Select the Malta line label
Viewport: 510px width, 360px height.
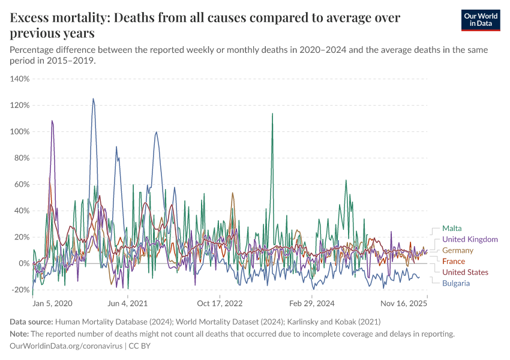pyautogui.click(x=452, y=228)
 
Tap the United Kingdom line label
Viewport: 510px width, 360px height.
pyautogui.click(x=470, y=239)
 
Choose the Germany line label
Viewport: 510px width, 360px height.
pyautogui.click(x=458, y=250)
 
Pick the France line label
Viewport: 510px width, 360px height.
pyautogui.click(x=454, y=262)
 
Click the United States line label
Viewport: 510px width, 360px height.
pyautogui.click(x=465, y=272)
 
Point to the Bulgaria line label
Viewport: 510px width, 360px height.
pyautogui.click(x=456, y=283)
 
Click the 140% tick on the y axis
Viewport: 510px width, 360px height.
pyautogui.click(x=20, y=79)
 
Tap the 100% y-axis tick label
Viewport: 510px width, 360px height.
pyautogui.click(x=20, y=131)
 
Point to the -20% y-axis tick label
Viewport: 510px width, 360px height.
pyautogui.click(x=20, y=290)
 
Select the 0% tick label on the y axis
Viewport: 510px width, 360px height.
pyautogui.click(x=23, y=263)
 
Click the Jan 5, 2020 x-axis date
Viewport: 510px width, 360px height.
pyautogui.click(x=52, y=304)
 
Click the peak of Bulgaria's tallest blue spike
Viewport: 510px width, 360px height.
pyautogui.click(x=93, y=99)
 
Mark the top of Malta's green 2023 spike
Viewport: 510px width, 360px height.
pyautogui.click(x=272, y=113)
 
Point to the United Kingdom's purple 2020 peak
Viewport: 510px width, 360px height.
pyautogui.click(x=52, y=121)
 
